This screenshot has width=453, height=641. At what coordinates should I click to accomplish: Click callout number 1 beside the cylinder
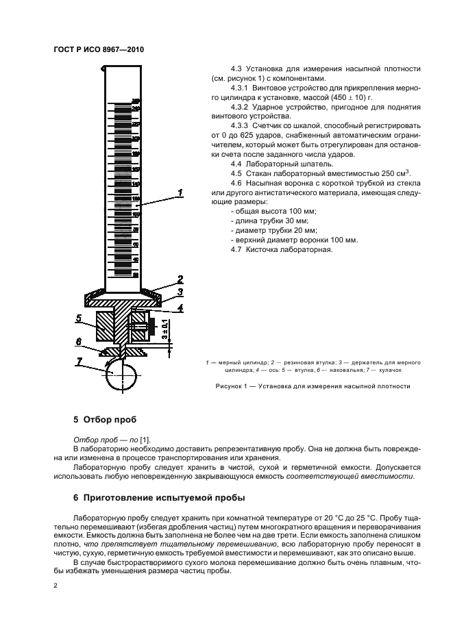(x=180, y=194)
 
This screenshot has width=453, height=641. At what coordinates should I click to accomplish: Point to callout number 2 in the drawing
(x=180, y=279)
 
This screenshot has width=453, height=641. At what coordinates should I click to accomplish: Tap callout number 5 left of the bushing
(x=79, y=318)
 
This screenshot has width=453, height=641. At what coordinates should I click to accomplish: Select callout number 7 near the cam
(x=79, y=360)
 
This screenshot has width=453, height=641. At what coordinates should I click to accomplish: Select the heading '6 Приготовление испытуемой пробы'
(x=156, y=497)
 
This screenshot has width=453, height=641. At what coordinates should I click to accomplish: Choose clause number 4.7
(x=237, y=249)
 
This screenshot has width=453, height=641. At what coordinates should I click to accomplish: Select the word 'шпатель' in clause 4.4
(x=317, y=164)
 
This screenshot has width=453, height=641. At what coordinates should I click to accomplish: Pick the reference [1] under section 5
(x=145, y=439)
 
